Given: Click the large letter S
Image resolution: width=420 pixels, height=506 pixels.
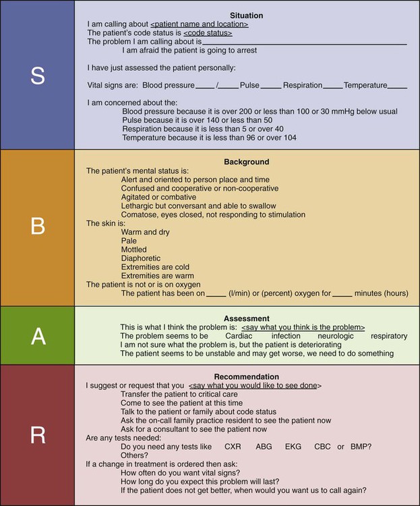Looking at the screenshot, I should pyautogui.click(x=37, y=76).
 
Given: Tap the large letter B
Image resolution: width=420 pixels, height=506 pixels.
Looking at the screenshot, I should pyautogui.click(x=37, y=227).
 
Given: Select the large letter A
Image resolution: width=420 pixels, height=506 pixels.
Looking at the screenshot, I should pyautogui.click(x=37, y=335).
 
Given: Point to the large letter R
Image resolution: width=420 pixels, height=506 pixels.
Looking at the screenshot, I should pyautogui.click(x=37, y=435).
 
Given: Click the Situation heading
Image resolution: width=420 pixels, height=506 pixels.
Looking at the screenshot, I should pyautogui.click(x=246, y=14).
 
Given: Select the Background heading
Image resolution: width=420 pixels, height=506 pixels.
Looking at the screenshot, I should pyautogui.click(x=246, y=162).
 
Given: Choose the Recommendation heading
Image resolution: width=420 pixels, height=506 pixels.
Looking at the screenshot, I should pyautogui.click(x=246, y=376).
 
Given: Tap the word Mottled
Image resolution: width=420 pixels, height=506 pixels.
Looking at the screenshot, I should pyautogui.click(x=135, y=250).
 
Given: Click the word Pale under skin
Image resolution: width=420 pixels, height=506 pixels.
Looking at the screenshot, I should pyautogui.click(x=129, y=241).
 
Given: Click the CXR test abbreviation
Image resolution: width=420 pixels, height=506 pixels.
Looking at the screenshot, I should pyautogui.click(x=233, y=447).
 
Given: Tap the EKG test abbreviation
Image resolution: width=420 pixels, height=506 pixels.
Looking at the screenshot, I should pyautogui.click(x=294, y=447).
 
